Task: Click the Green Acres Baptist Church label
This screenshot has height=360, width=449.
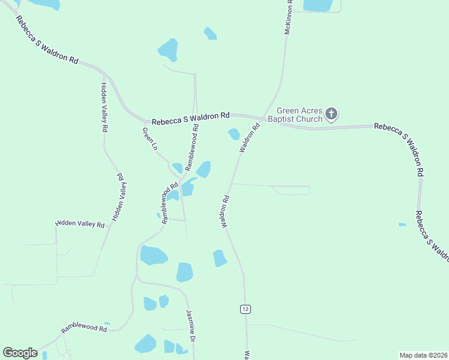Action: point(300,115)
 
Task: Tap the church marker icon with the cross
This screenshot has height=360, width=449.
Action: point(332,113)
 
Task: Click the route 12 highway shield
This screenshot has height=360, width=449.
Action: point(245,308)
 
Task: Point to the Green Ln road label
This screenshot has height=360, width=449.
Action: point(149,139)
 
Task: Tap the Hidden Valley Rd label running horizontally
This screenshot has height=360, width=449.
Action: point(80,224)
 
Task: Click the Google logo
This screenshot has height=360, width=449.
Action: point(20,353)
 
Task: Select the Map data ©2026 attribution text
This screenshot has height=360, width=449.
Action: point(423,355)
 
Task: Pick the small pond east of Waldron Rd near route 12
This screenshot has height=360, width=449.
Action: point(220,258)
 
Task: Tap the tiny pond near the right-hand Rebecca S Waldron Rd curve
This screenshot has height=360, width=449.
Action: point(402,224)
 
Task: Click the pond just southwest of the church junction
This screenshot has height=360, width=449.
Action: point(234,134)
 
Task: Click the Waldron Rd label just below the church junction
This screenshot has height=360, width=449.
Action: point(250,138)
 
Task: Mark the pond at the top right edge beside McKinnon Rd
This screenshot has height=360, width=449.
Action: point(318,5)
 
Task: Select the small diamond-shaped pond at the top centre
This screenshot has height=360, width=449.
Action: point(209,33)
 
